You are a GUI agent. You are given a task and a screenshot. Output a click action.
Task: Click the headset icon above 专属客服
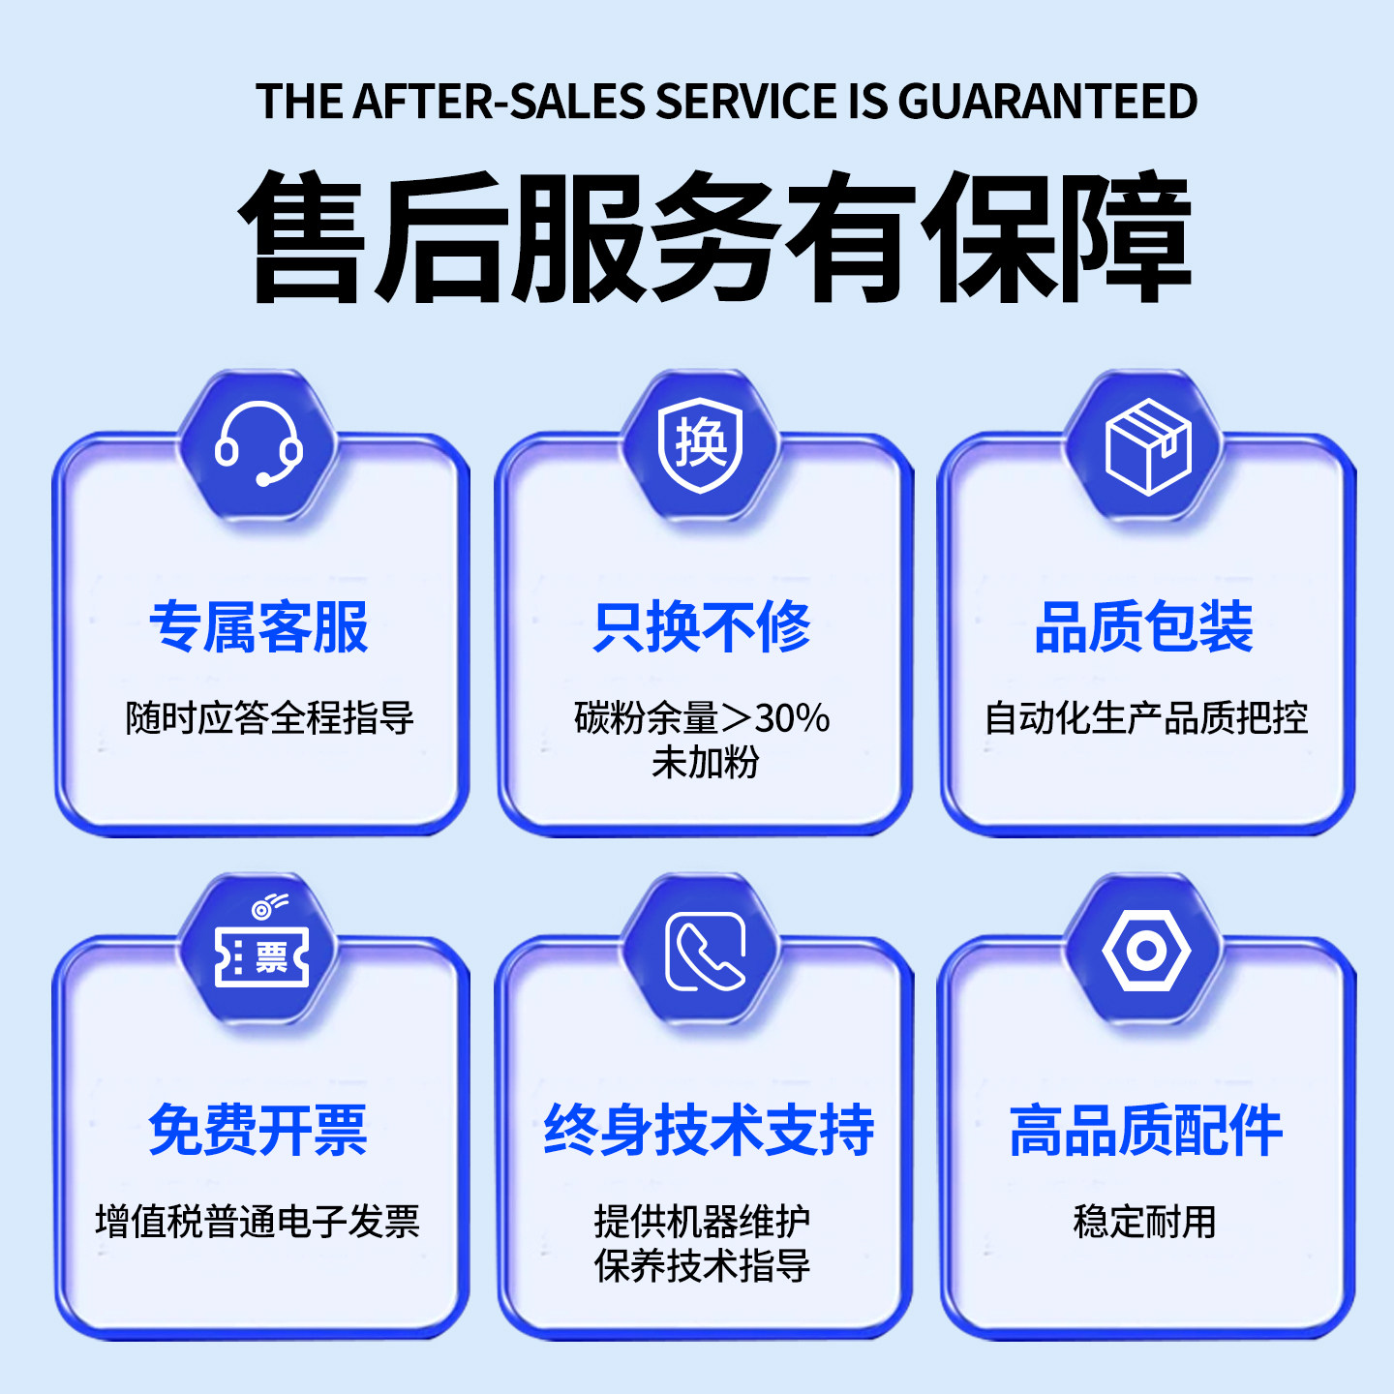tap(258, 444)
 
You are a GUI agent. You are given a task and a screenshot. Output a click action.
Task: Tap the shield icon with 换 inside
tap(701, 444)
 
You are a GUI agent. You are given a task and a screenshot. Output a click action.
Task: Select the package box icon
tap(1147, 446)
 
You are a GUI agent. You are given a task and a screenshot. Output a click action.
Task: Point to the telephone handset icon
tap(705, 952)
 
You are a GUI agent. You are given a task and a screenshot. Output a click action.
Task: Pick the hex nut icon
tap(1146, 951)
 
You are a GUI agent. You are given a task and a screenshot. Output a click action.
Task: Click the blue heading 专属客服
tap(258, 627)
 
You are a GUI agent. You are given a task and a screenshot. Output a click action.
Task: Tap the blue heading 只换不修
tap(702, 627)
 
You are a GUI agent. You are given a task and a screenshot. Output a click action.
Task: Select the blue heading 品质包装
tap(1144, 627)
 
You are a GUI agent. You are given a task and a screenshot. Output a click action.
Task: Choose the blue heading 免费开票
tap(258, 1130)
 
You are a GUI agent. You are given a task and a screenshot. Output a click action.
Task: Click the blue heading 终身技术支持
tap(709, 1130)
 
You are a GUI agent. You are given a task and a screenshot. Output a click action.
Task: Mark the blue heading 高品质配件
tap(1146, 1130)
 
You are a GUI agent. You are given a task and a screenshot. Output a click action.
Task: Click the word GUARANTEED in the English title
tap(1047, 102)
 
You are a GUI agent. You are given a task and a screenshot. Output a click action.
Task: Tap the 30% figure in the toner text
tap(792, 718)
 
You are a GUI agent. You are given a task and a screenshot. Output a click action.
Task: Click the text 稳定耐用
tap(1144, 1222)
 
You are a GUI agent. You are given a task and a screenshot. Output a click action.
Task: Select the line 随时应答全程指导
tap(270, 718)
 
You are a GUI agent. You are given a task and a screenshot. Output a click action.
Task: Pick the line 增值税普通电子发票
tap(258, 1222)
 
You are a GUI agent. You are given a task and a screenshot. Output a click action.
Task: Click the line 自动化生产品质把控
tap(1146, 718)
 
